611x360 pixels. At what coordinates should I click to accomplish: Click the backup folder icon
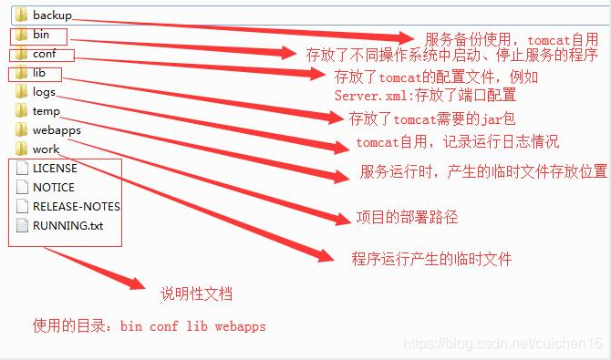coord(22,15)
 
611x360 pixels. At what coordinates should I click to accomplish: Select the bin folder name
coord(41,35)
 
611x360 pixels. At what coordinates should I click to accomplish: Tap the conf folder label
coord(45,54)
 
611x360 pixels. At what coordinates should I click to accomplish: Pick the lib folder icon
coord(22,73)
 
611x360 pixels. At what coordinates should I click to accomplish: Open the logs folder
coord(44,92)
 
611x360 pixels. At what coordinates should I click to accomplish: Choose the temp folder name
coord(46,111)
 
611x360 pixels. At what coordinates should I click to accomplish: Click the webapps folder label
coord(57,130)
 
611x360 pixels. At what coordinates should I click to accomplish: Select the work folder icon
coord(22,149)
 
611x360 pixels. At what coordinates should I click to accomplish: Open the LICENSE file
coord(55,168)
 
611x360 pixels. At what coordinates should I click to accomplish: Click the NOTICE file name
coord(54,187)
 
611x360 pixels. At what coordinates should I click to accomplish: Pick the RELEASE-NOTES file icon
coord(22,206)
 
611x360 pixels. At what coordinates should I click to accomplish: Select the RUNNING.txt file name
coord(67,224)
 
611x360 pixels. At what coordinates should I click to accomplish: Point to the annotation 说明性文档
coord(196,294)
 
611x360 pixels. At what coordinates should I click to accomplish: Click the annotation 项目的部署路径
coord(406,218)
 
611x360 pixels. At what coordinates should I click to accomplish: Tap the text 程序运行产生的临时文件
coord(431,259)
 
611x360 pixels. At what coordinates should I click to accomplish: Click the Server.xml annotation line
coord(425,94)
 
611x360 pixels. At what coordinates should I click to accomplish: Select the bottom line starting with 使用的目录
coord(150,325)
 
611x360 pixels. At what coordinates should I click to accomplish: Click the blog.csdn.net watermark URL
coord(502,344)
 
